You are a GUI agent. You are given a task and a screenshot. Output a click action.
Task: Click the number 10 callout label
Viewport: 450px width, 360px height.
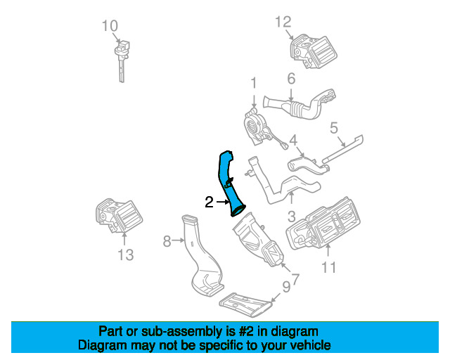click(109, 27)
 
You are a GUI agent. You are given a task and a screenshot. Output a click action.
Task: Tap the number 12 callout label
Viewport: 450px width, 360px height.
click(283, 22)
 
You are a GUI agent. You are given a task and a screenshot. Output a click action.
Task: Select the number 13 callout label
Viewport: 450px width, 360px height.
click(124, 255)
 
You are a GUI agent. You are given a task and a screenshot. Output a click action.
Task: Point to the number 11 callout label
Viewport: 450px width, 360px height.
click(329, 267)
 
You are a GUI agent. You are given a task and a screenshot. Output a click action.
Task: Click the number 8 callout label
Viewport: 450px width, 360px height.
click(167, 242)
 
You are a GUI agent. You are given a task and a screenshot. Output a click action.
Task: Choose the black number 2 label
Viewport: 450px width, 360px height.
click(209, 202)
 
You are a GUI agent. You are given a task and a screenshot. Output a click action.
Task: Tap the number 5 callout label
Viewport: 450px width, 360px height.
click(334, 128)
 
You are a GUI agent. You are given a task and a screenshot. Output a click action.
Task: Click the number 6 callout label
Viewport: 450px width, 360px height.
click(290, 78)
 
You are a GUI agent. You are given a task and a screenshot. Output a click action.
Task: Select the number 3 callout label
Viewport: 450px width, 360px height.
click(290, 217)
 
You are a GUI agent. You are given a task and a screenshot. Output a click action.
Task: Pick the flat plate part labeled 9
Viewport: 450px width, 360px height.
click(245, 304)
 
